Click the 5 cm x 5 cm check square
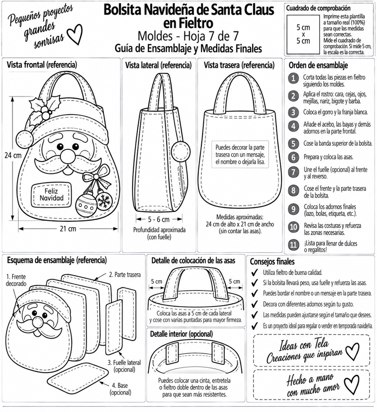point(303,35)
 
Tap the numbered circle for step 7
point(293,172)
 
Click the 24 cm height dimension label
point(13,155)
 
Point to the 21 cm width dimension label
point(68,229)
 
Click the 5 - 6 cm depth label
point(159,219)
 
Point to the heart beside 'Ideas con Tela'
point(352,351)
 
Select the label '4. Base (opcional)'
point(120,389)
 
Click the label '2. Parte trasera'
point(125,274)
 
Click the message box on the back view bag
point(240,154)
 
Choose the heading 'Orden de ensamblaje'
point(318,65)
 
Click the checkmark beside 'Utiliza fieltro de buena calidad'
point(255,273)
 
